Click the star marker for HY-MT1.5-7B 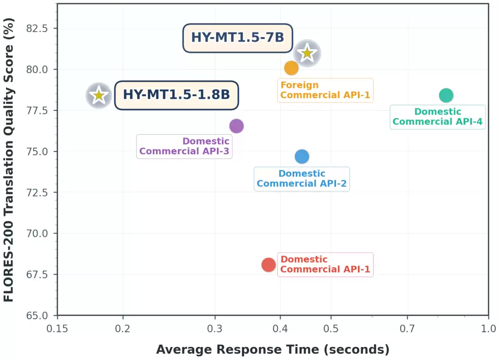(307, 53)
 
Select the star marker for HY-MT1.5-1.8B (99, 96)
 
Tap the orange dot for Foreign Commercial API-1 (291, 68)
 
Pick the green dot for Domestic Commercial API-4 (446, 95)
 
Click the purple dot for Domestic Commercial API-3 (236, 126)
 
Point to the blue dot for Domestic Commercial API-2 (302, 157)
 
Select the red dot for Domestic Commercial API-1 (269, 265)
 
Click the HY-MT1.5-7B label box (237, 38)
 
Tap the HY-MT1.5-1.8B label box (176, 95)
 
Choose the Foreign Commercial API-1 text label (325, 90)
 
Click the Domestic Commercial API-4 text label (437, 117)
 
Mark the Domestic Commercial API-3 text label (184, 146)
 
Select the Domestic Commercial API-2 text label (302, 179)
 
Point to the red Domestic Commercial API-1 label (325, 265)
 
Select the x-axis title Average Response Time (273, 349)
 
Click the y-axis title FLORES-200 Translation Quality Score (9, 160)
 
